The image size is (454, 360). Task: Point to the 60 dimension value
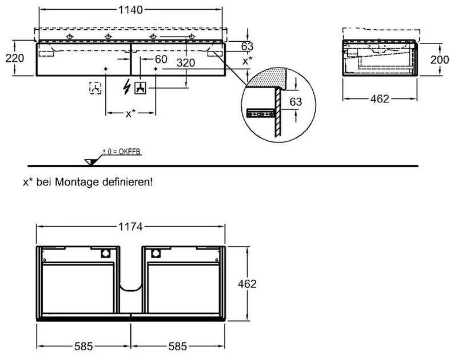tap(160, 59)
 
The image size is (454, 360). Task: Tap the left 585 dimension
tap(83, 347)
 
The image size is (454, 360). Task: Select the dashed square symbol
tap(95, 88)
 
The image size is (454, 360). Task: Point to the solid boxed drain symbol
tap(140, 88)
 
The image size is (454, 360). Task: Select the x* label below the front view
tap(130, 114)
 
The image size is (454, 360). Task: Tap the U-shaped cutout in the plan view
tap(132, 283)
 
